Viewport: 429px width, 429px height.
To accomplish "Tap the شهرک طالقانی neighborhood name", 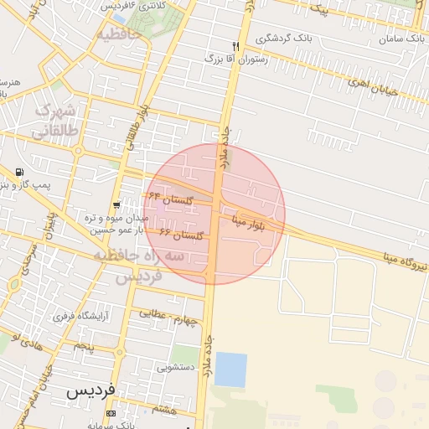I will coord(57,121).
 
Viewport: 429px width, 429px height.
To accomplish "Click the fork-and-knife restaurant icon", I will coord(236,45).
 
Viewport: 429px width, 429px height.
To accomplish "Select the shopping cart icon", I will coord(116,204).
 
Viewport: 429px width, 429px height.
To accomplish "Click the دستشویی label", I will coord(176,367).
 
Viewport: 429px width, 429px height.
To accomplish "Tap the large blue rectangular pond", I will coord(230,369).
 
